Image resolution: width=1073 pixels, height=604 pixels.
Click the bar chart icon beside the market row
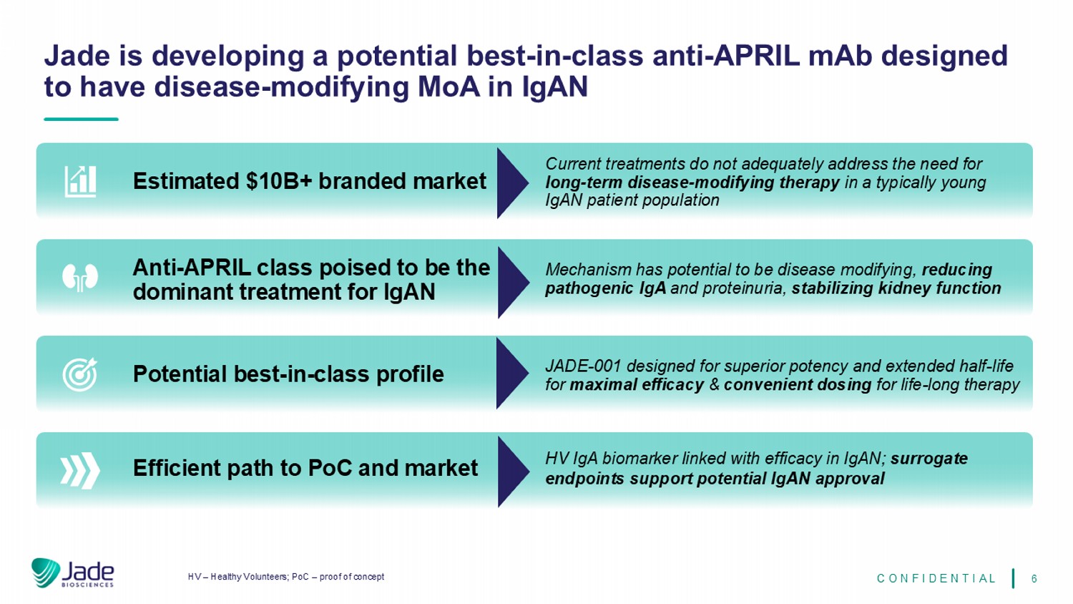(80, 181)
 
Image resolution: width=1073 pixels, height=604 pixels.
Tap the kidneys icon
(80, 278)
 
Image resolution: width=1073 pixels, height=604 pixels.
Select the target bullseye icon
(80, 374)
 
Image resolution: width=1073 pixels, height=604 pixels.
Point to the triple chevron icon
(80, 470)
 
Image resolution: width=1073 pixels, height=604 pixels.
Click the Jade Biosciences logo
(73, 573)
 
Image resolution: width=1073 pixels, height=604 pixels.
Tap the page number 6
(1034, 578)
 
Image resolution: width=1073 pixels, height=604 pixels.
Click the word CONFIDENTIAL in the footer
(936, 578)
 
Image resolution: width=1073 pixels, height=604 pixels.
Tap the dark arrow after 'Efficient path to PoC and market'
(514, 472)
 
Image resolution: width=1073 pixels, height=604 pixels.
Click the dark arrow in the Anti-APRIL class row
(514, 283)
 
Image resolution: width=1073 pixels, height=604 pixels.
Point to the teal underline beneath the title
(81, 119)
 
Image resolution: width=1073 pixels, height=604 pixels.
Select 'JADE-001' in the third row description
(584, 366)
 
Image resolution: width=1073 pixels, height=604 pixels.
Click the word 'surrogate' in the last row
(929, 459)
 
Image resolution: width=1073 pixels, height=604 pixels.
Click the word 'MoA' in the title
(449, 87)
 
